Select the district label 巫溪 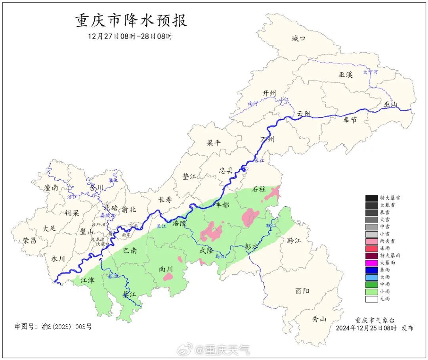(345, 74)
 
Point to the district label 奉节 (350, 120)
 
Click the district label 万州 (267, 140)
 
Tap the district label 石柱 (259, 189)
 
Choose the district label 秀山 (319, 318)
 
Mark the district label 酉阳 (302, 291)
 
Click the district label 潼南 (51, 188)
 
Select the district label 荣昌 (30, 240)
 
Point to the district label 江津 (87, 280)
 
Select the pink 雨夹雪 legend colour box (371, 241)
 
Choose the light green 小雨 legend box (371, 291)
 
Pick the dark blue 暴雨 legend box (371, 270)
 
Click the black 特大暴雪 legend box (371, 198)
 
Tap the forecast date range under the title (130, 36)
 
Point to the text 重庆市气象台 (374, 320)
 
